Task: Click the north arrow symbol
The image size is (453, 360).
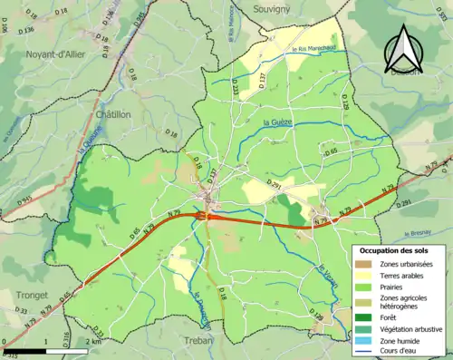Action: [x=403, y=49]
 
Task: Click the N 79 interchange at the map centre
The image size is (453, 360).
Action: [x=207, y=216]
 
